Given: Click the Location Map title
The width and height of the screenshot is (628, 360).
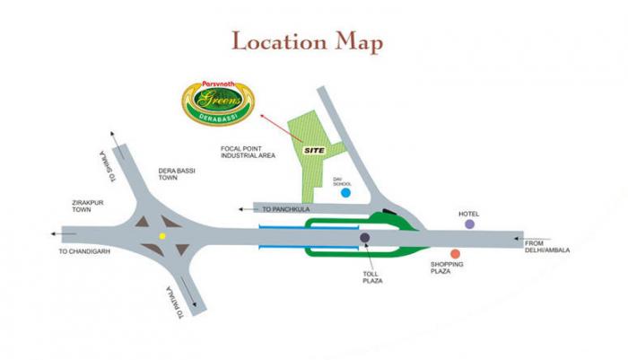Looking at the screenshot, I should pos(307,42).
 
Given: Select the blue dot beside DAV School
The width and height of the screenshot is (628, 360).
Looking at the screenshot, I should pos(345,192).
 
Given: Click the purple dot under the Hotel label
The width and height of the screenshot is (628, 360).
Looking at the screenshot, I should pos(468,224).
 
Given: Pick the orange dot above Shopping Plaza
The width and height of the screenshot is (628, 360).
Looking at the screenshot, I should pos(456,254).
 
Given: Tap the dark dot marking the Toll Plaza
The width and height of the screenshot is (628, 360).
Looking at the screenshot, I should pos(365,238).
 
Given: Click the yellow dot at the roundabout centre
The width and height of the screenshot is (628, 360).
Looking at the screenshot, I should pos(162,235).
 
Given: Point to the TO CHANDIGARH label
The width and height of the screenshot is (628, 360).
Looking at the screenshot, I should pos(83,251).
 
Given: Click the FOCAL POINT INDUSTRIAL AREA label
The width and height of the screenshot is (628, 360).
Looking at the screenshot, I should pos(248,152).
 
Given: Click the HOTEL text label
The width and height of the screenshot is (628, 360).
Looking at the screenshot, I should pos(469,214).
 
